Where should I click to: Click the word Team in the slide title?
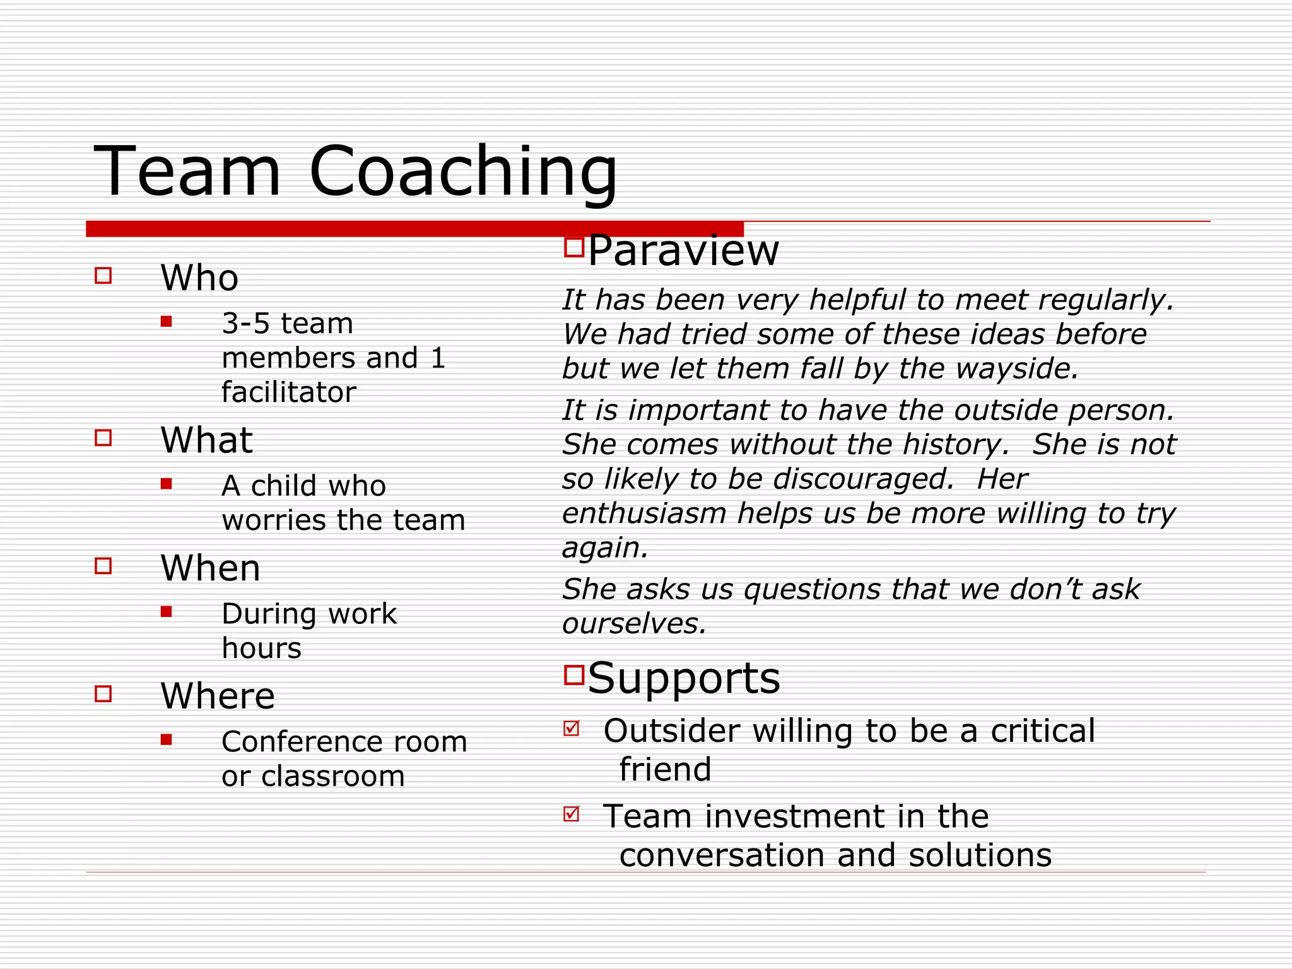[187, 172]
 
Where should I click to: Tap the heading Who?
[199, 278]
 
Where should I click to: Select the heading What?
[206, 440]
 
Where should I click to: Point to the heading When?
[210, 568]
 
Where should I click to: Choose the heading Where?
[218, 696]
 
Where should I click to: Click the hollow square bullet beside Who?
[103, 276]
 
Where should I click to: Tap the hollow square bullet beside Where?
[103, 694]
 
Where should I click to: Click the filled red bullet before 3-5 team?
[167, 322]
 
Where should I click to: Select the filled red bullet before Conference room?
[167, 739]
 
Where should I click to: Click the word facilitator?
[289, 392]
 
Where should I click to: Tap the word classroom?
[332, 777]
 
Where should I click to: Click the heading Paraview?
[683, 250]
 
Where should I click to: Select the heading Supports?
[684, 678]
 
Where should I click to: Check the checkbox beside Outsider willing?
[572, 729]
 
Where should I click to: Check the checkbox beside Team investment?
[572, 814]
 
